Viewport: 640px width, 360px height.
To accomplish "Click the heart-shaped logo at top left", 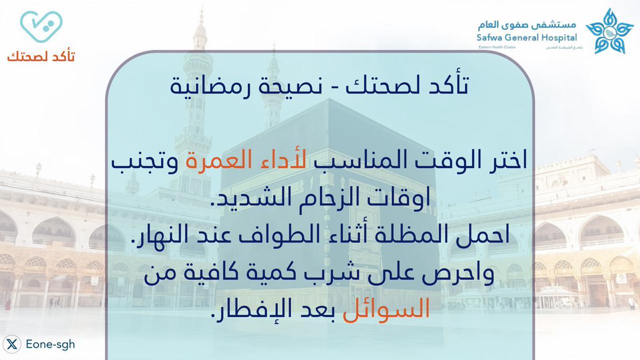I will click(x=41, y=27).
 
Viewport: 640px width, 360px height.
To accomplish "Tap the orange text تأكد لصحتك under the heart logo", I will click(x=41, y=56).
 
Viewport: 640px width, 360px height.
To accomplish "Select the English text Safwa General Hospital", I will click(x=527, y=38).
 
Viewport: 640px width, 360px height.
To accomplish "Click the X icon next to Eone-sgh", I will click(x=13, y=345).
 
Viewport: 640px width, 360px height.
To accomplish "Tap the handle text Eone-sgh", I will click(x=50, y=345).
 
